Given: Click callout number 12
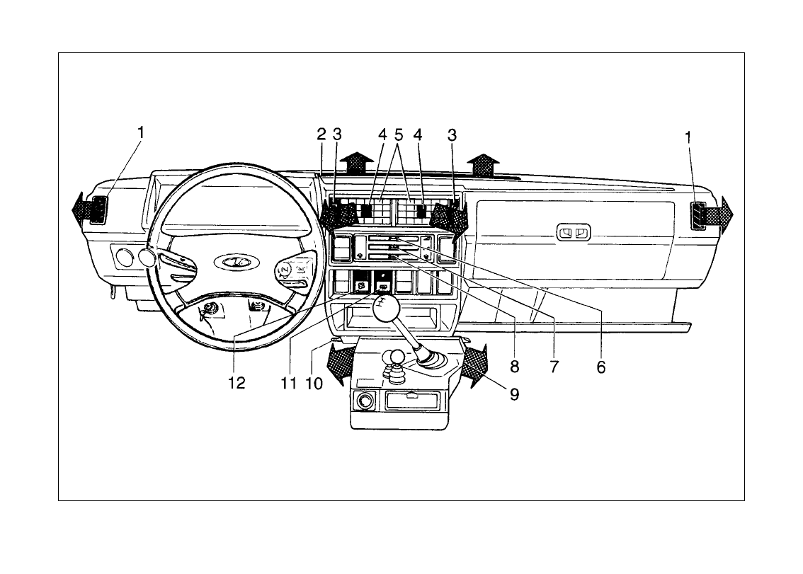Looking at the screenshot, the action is click(x=237, y=383).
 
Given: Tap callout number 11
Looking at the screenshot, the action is click(x=289, y=383).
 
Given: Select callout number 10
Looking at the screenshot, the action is click(x=314, y=383).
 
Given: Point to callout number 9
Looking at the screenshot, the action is click(x=514, y=394).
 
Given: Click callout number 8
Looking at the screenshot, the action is click(x=514, y=367).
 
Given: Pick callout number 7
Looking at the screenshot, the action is click(x=554, y=367).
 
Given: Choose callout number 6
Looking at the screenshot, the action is click(x=600, y=367).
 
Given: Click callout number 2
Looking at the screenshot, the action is click(x=321, y=134).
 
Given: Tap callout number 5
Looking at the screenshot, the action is click(x=399, y=134).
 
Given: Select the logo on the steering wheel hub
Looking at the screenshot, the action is click(x=237, y=262).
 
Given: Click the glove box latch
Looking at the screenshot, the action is click(x=574, y=232).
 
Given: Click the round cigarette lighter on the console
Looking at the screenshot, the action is click(x=365, y=401).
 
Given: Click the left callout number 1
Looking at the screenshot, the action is click(x=140, y=132).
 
